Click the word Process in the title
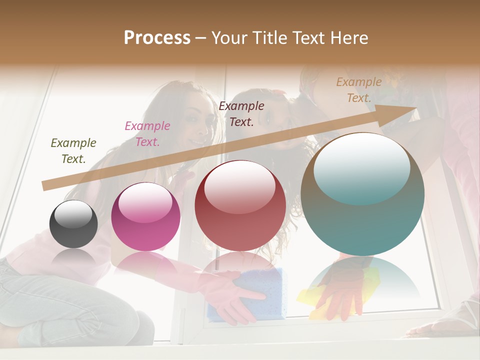click(x=157, y=38)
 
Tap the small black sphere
click(x=73, y=224)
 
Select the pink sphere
click(x=145, y=217)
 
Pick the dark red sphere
click(x=240, y=206)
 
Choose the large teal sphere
click(x=362, y=195)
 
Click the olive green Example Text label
click(x=73, y=151)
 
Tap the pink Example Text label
click(x=147, y=134)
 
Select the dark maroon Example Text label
click(x=241, y=114)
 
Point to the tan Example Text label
click(x=359, y=90)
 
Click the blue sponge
click(x=250, y=295)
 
